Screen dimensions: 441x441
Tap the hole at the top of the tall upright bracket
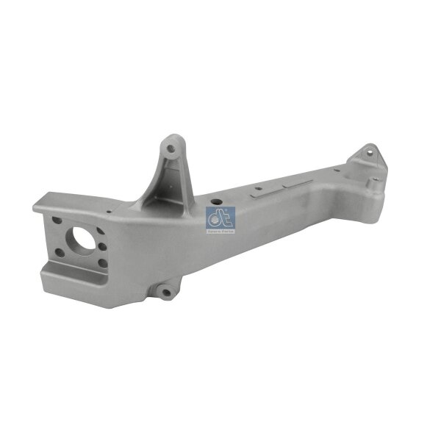coord(171,148)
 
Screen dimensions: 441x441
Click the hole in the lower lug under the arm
coord(165,293)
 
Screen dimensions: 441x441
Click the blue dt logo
coord(220,218)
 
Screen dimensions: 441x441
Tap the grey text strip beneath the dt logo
coord(220,230)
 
